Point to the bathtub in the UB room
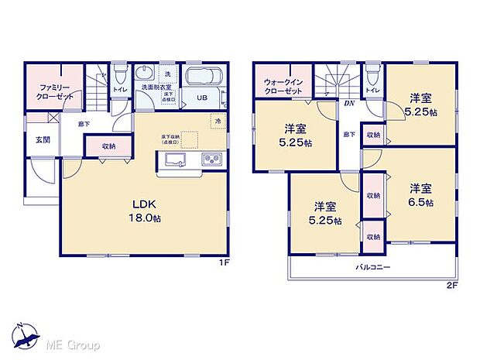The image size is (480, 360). click(x=204, y=78)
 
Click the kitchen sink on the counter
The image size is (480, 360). click(x=174, y=159)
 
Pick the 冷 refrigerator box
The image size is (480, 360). click(x=218, y=122)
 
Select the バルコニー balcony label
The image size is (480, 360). click(x=373, y=267)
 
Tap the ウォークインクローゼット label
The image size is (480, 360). click(x=283, y=85)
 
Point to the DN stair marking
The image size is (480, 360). click(x=349, y=103)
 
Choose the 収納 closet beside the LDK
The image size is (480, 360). click(x=108, y=146)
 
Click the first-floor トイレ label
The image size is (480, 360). click(x=120, y=90)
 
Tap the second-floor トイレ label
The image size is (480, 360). click(x=372, y=91)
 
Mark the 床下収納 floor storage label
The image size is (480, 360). click(x=171, y=139)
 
